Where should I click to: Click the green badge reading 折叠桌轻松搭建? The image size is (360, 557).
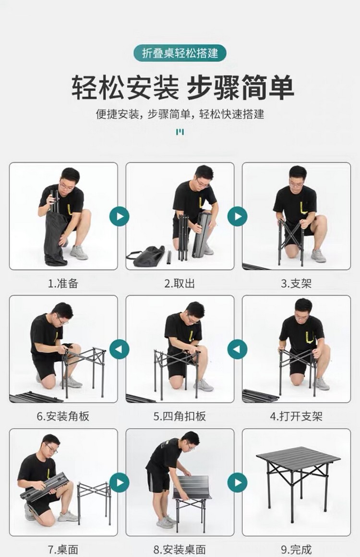[180, 53]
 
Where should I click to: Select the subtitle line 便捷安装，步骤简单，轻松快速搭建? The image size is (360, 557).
[180, 114]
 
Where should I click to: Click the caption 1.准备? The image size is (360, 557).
[63, 283]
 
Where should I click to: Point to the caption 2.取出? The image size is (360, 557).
[180, 283]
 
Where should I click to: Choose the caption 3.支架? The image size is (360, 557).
[296, 283]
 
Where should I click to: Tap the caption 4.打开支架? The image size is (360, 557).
[296, 416]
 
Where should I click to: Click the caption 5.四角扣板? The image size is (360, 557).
[180, 416]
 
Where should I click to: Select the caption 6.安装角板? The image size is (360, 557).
[63, 416]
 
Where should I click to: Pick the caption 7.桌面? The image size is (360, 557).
[63, 549]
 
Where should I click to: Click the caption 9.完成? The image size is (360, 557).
[296, 549]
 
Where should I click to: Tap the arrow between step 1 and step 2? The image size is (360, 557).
[120, 217]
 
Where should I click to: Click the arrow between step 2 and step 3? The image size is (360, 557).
[237, 217]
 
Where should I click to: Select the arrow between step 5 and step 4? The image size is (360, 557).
[237, 349]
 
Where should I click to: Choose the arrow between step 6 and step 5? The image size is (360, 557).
[120, 349]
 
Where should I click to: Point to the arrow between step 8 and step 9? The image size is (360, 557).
[237, 483]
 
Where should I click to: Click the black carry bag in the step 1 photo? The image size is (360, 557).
[55, 238]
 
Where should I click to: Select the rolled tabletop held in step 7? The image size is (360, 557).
[44, 487]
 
